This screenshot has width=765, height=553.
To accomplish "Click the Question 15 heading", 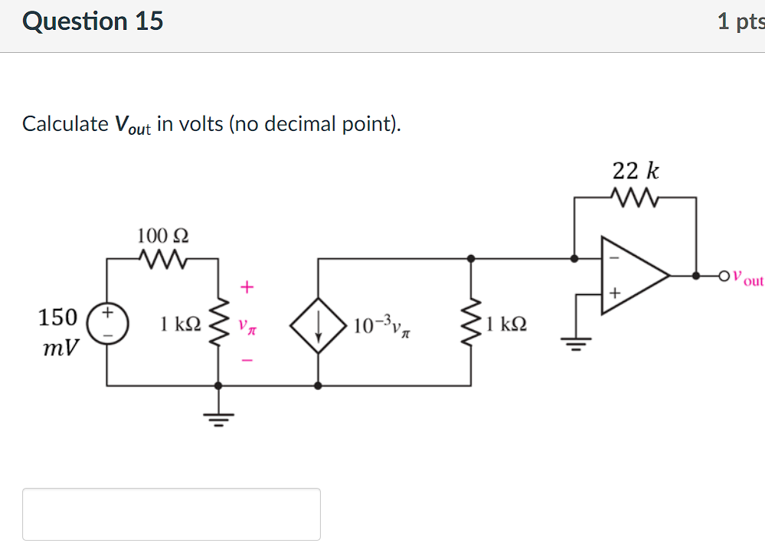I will click(x=93, y=21).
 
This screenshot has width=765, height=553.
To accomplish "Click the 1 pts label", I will click(x=740, y=22).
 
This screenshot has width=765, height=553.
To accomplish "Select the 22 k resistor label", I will click(x=635, y=172).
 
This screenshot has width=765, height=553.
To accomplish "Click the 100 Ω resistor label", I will click(x=162, y=234).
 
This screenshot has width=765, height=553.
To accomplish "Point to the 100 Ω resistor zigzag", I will click(x=162, y=259).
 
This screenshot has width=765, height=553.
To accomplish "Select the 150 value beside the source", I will click(x=58, y=316).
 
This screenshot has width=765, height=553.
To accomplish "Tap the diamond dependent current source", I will click(x=318, y=324).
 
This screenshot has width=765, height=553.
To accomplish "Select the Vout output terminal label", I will click(x=747, y=279).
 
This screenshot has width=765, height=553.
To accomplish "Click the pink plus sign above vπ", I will click(x=246, y=288).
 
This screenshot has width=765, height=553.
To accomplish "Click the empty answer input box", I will click(x=172, y=514).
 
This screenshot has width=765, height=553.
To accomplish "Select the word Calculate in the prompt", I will click(x=65, y=124).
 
